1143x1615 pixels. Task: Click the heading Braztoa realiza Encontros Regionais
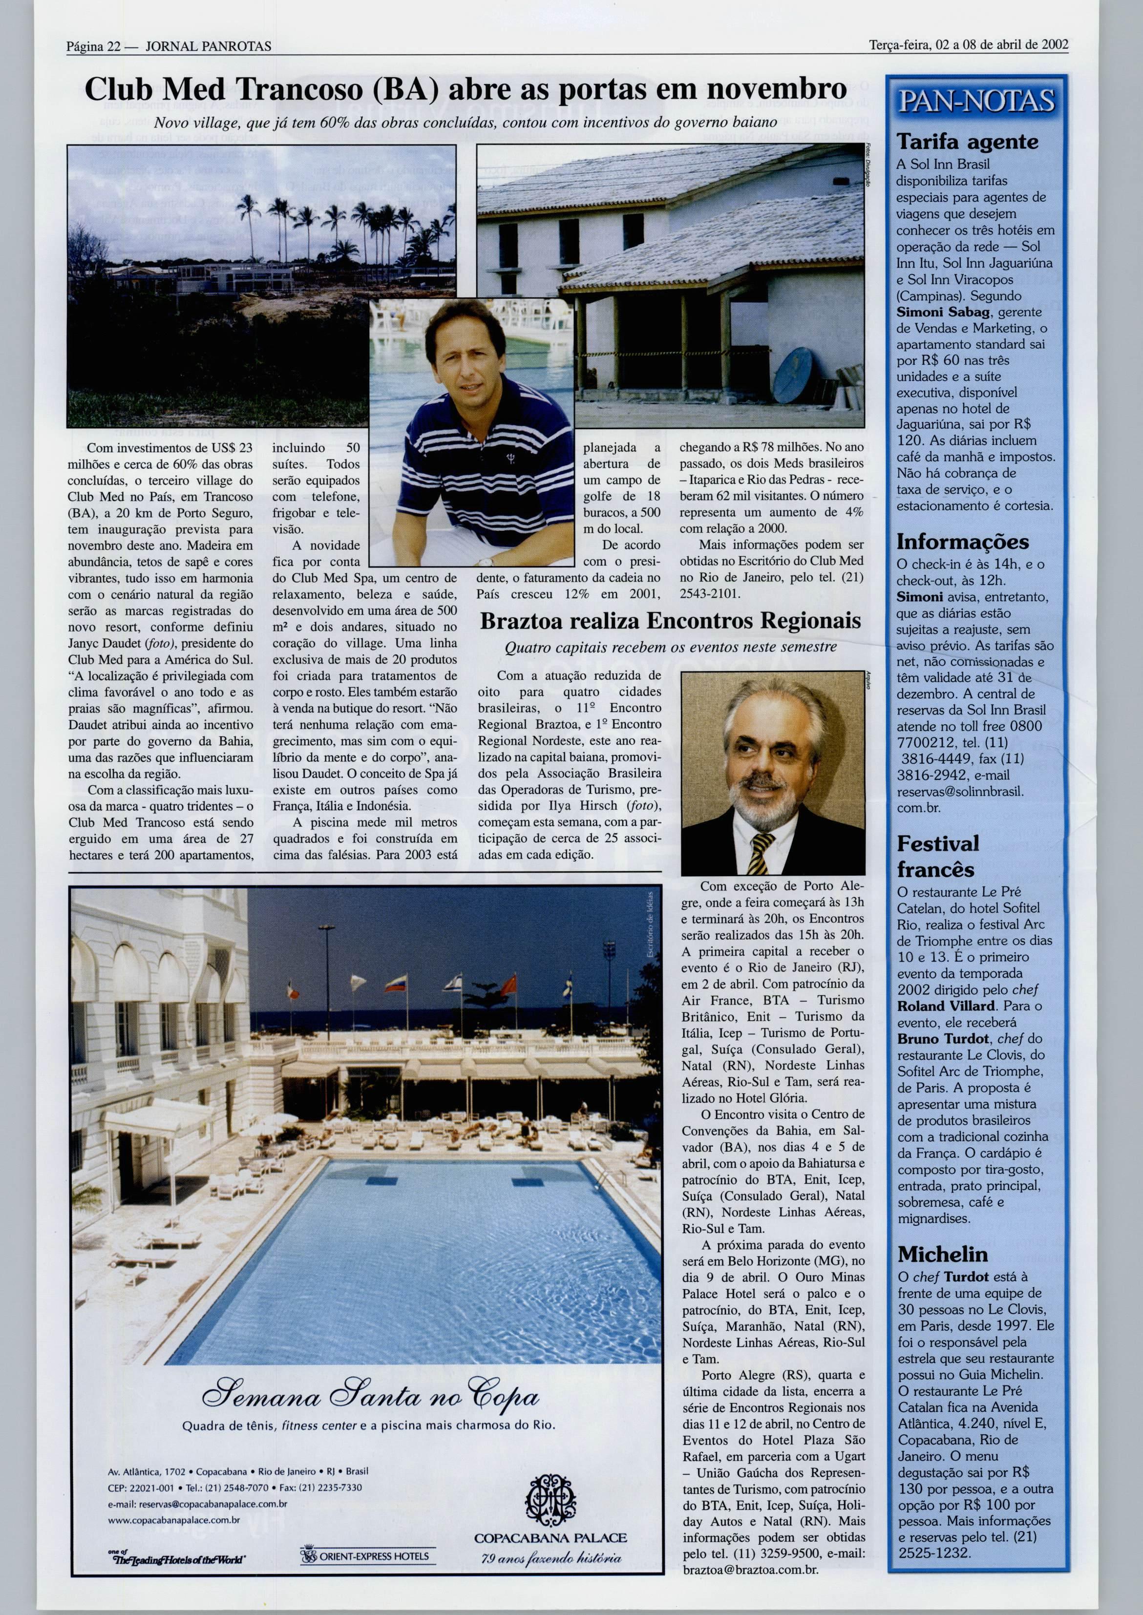coord(670,621)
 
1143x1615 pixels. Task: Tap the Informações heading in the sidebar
coord(962,542)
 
